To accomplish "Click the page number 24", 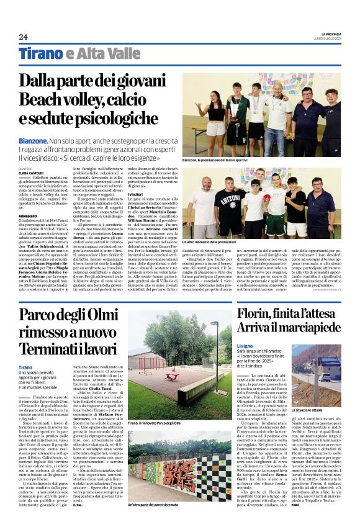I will (x=23, y=37).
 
